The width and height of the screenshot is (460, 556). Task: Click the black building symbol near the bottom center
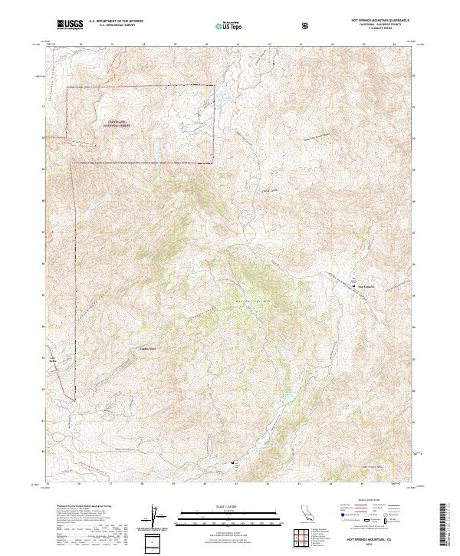(x=235, y=463)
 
